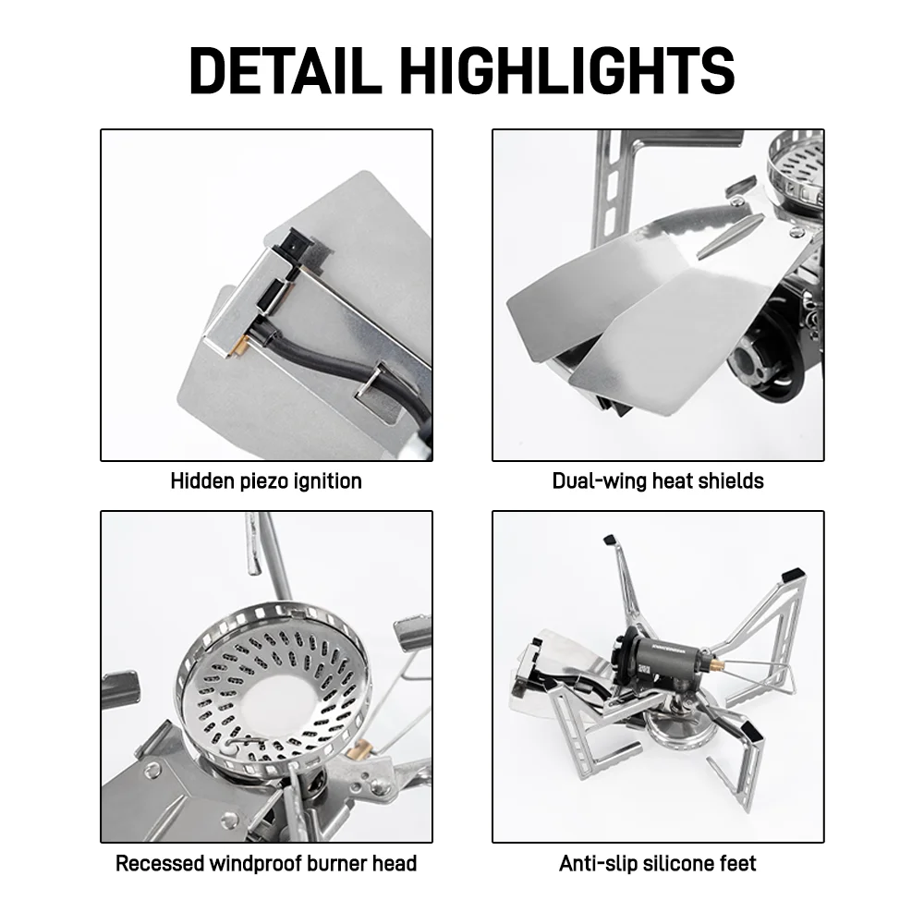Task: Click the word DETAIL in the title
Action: [286, 71]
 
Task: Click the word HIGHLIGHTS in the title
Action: [567, 71]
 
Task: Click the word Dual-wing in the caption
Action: [600, 481]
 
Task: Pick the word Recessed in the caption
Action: [159, 863]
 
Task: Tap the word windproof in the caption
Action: [255, 864]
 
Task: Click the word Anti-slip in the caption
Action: [598, 864]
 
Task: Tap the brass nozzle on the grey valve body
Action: [717, 666]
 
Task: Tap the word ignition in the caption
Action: [328, 482]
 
